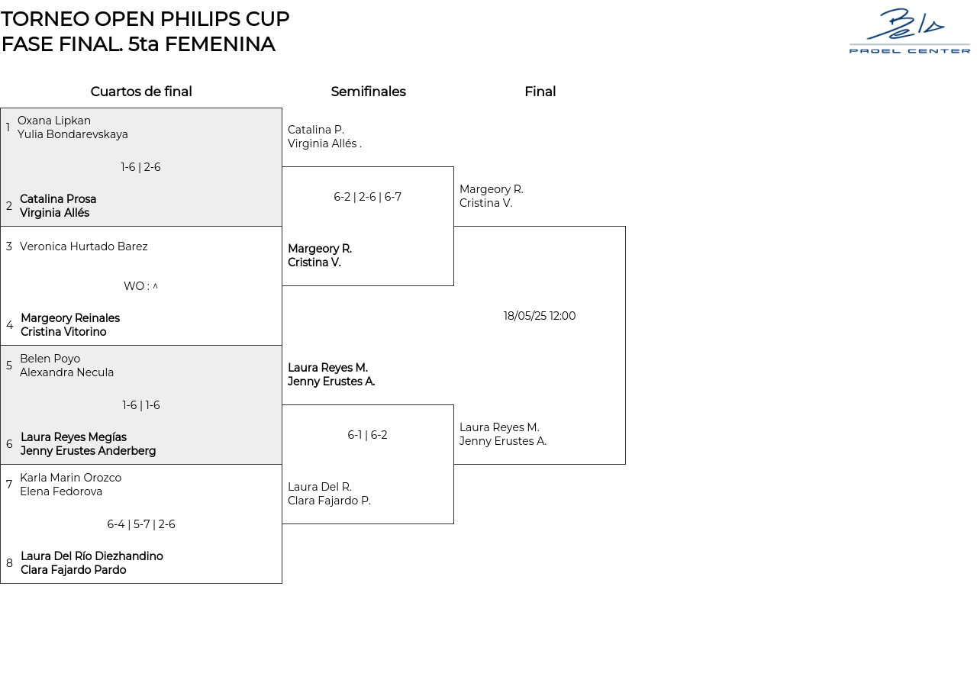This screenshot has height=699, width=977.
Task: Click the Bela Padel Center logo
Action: pyautogui.click(x=909, y=31)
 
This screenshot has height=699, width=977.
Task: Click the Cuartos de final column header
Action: pyautogui.click(x=141, y=92)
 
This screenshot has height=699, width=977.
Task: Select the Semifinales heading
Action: pyautogui.click(x=368, y=92)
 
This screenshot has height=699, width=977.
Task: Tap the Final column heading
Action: pyautogui.click(x=540, y=92)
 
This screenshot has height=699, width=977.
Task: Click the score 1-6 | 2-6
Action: pyautogui.click(x=140, y=167)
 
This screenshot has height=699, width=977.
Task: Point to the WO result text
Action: pyautogui.click(x=140, y=286)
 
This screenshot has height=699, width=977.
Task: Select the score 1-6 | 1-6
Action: pyautogui.click(x=140, y=405)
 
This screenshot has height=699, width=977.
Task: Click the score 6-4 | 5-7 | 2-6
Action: pyautogui.click(x=140, y=524)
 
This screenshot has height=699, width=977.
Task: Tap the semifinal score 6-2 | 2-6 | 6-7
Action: pyautogui.click(x=367, y=197)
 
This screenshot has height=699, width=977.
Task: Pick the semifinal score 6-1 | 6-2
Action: pyautogui.click(x=367, y=435)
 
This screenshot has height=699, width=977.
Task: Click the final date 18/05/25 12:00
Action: pyautogui.click(x=540, y=316)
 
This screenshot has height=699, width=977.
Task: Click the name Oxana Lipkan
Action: pyautogui.click(x=54, y=121)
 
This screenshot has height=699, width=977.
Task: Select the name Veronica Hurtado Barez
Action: pyautogui.click(x=84, y=246)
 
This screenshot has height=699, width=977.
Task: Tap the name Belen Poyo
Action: pyautogui.click(x=50, y=359)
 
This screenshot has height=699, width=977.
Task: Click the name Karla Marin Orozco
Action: pyautogui.click(x=70, y=478)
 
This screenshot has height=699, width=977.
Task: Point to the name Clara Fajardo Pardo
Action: pyautogui.click(x=73, y=570)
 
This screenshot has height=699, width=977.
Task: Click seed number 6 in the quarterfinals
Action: pyautogui.click(x=9, y=444)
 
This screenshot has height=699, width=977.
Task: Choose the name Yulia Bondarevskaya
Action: pyautogui.click(x=73, y=134)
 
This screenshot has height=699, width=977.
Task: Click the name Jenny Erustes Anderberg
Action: pyautogui.click(x=88, y=451)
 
